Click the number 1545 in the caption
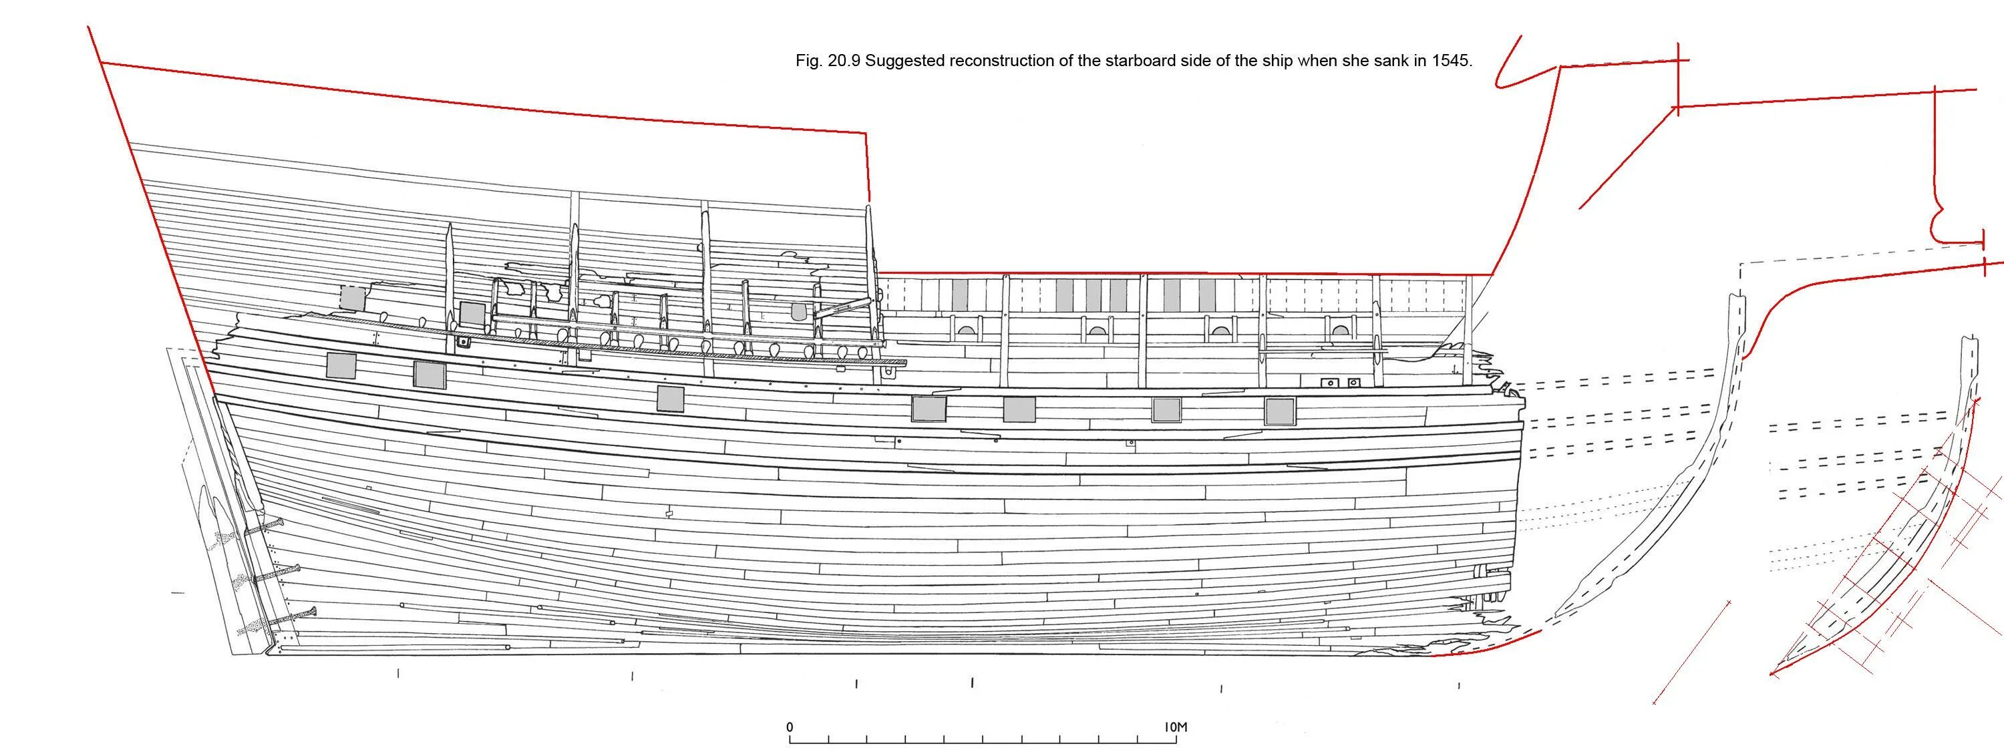(1452, 61)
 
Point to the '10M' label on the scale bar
(1176, 728)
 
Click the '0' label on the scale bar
(790, 728)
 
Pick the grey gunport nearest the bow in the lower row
(1279, 411)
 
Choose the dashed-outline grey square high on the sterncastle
(353, 299)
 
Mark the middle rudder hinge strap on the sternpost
(276, 575)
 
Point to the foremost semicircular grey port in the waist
(1339, 330)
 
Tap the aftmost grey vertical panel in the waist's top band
(961, 295)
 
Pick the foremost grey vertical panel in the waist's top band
(1207, 295)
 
